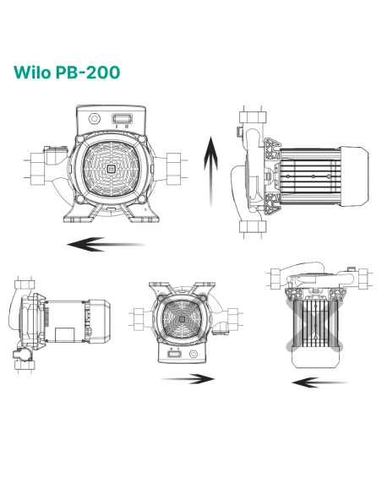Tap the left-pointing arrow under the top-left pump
tap(106, 245)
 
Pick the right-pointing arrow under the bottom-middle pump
tap(187, 378)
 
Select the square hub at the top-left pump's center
tap(110, 168)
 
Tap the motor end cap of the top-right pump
tap(357, 173)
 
